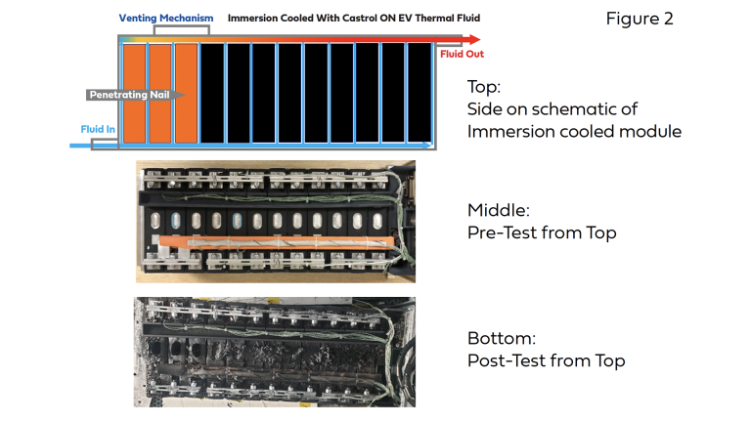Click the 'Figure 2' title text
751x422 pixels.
[641, 19]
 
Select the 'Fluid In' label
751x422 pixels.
[99, 129]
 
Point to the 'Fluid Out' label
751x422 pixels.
[462, 55]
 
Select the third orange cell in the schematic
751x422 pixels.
[186, 92]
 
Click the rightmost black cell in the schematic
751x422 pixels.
[420, 92]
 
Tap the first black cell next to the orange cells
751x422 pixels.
[212, 92]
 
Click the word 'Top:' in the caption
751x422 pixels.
[484, 86]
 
